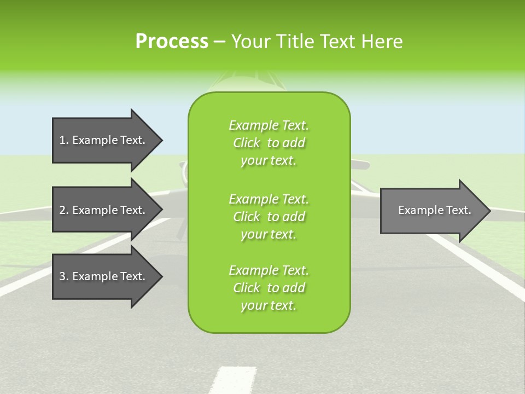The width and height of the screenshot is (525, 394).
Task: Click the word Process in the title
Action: click(x=172, y=41)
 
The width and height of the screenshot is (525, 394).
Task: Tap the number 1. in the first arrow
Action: click(x=64, y=140)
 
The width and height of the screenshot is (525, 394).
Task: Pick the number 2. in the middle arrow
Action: click(x=64, y=210)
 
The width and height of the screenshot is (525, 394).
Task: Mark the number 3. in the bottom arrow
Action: click(x=64, y=276)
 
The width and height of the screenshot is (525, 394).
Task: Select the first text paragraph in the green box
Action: click(x=269, y=143)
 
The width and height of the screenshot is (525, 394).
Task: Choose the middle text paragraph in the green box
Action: click(x=269, y=216)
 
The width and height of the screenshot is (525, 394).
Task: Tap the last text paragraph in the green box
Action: click(x=269, y=288)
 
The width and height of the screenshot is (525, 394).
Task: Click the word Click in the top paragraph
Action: click(x=247, y=143)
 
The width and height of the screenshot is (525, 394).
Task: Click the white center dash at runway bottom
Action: click(x=225, y=381)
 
